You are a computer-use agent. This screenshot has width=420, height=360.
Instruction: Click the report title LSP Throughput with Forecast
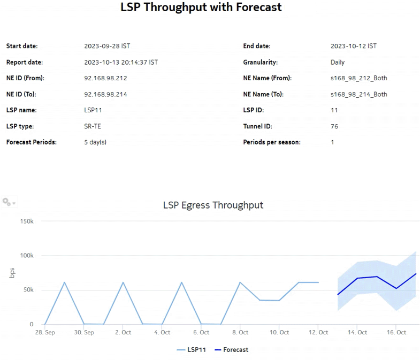click(x=201, y=7)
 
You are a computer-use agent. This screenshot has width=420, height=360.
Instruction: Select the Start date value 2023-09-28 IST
click(x=107, y=46)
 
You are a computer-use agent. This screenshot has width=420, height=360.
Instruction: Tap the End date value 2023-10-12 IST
click(x=353, y=46)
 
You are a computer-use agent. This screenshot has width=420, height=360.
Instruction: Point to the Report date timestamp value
click(x=121, y=62)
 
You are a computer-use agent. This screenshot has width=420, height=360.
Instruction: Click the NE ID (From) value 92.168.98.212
click(x=105, y=78)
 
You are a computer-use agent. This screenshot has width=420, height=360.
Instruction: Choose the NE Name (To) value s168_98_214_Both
click(x=358, y=94)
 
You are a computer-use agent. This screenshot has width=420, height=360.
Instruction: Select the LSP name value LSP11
click(x=93, y=110)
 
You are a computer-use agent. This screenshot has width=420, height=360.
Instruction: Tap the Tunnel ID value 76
click(x=334, y=126)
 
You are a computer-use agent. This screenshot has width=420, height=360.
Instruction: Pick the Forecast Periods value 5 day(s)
click(x=97, y=142)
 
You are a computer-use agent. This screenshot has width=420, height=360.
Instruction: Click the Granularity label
click(x=260, y=62)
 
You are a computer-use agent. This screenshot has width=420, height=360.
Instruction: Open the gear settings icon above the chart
click(x=7, y=202)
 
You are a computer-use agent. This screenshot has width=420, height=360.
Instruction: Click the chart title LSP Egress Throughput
click(x=213, y=205)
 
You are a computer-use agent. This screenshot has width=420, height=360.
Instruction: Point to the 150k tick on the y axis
click(x=26, y=221)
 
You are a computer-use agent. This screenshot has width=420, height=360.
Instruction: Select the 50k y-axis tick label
click(x=27, y=290)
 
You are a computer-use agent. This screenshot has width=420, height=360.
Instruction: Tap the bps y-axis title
click(x=12, y=272)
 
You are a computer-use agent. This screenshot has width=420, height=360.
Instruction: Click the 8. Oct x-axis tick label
click(x=240, y=333)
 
